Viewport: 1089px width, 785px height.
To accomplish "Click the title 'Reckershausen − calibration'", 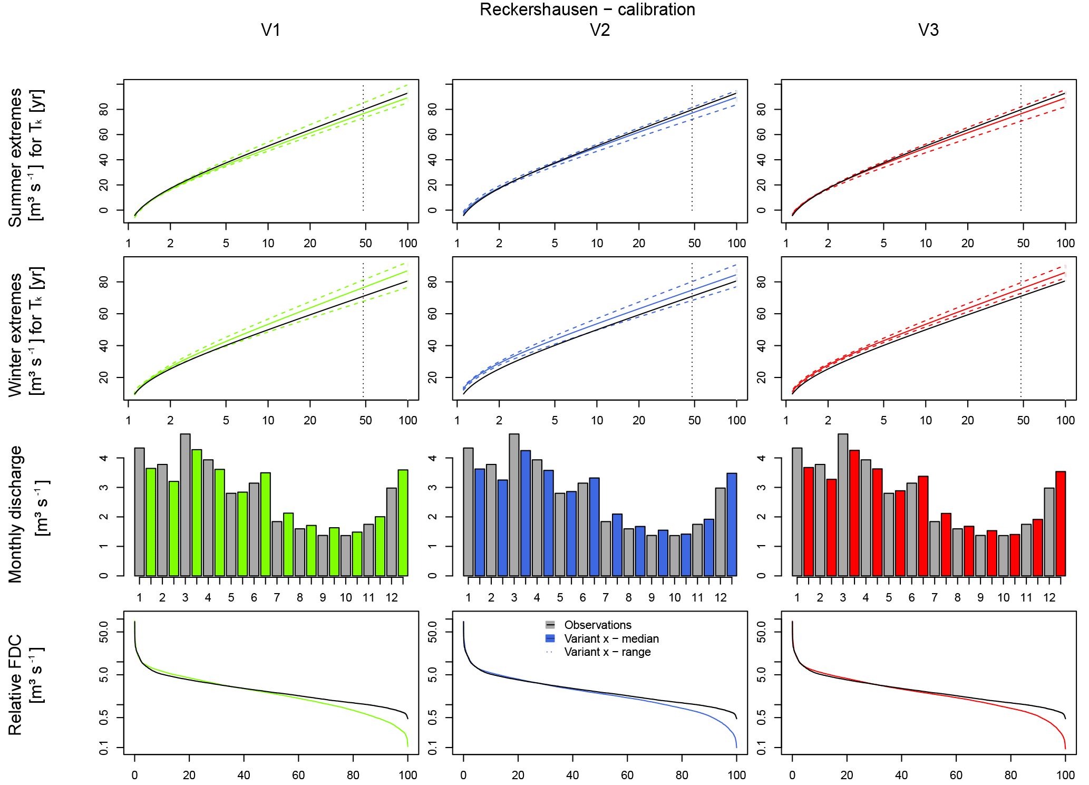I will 587,9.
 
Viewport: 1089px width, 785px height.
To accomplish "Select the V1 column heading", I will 270,30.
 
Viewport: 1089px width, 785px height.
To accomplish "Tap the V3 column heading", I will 928,30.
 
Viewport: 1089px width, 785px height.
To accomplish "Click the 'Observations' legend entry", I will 597,625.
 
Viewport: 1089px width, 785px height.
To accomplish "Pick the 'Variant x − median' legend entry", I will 611,638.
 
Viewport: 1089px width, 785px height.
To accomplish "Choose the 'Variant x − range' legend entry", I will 607,652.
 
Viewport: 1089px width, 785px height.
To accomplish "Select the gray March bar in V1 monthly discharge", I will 185,505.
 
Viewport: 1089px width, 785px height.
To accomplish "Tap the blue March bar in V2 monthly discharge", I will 526,512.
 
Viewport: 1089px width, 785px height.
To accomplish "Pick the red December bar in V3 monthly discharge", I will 1061,523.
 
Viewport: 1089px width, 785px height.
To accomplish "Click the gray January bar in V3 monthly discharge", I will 797,511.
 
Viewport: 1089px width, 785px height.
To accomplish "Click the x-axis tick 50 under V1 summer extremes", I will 365,244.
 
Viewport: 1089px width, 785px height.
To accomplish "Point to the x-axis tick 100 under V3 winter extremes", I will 1065,421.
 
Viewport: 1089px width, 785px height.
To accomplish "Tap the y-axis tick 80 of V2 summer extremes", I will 433,109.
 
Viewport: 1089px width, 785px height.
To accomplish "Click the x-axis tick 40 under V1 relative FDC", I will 244,775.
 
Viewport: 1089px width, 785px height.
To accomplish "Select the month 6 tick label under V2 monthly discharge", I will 582,598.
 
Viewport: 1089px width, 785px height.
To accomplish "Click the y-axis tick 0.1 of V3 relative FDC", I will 762,748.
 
